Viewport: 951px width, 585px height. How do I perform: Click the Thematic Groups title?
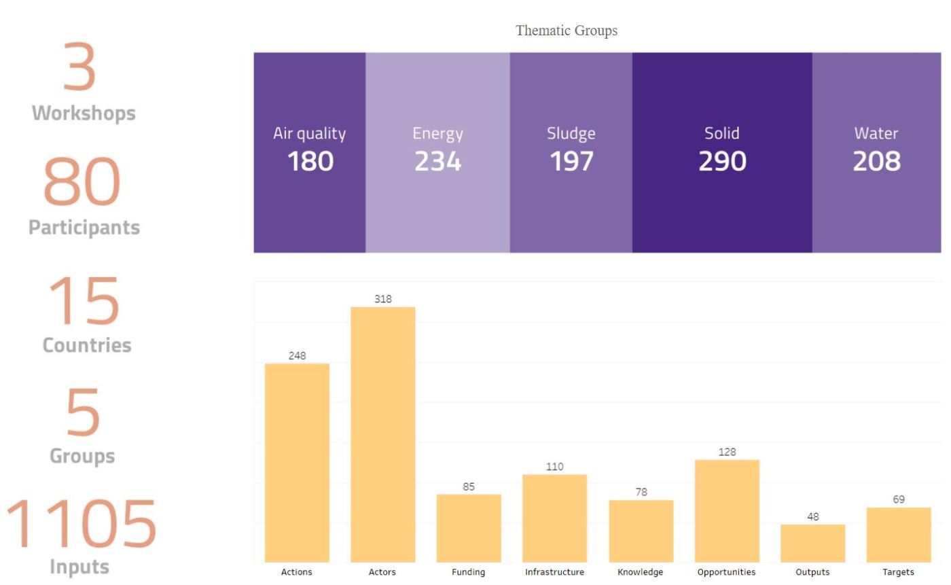[x=567, y=31]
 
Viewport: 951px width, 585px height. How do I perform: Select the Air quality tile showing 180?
[x=310, y=152]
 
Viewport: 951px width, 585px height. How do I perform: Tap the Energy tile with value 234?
[x=437, y=152]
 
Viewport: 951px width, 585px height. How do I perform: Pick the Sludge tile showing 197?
[x=571, y=152]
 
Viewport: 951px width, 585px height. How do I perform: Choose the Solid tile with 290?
[x=722, y=152]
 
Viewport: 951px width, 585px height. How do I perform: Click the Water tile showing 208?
[x=876, y=152]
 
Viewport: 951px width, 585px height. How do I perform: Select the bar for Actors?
[x=382, y=435]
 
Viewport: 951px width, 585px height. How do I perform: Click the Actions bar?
[x=297, y=462]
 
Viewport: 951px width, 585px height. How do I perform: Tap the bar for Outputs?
[x=812, y=543]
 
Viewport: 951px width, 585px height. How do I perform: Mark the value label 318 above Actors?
[x=383, y=299]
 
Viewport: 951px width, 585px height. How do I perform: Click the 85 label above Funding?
[x=469, y=487]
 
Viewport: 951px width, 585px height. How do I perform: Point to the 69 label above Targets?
[x=899, y=499]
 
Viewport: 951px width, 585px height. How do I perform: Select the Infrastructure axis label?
[x=554, y=572]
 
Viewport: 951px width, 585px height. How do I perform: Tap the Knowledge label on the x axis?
[x=641, y=572]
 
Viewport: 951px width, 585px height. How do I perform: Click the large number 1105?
[x=82, y=525]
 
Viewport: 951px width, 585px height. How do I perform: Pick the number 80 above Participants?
[x=82, y=182]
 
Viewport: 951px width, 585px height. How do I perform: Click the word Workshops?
[x=84, y=113]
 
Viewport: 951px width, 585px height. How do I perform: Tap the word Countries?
[x=86, y=344]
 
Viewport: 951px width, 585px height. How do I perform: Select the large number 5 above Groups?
[x=82, y=413]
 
